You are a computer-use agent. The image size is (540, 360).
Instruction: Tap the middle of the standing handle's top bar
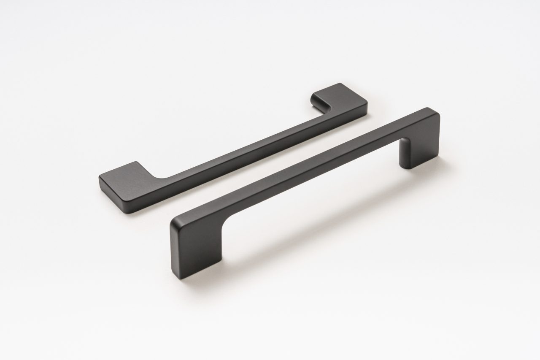point(304,169)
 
